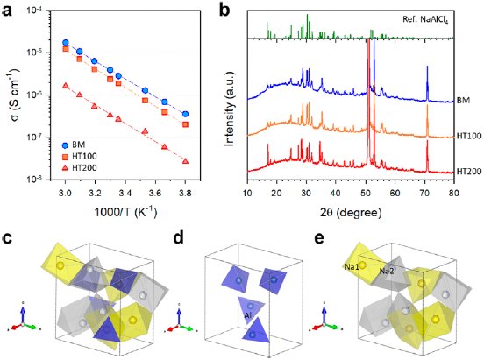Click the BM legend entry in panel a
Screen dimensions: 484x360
(x=74, y=145)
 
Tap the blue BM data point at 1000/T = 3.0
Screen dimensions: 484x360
(x=65, y=43)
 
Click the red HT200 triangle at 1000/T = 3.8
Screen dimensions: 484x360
(x=185, y=161)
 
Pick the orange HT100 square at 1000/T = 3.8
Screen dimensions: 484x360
(x=185, y=124)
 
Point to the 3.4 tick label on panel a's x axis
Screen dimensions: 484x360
(x=125, y=193)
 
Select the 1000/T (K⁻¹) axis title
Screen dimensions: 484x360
(x=125, y=212)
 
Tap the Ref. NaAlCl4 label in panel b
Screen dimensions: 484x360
(x=425, y=19)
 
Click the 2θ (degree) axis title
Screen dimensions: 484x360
(x=351, y=212)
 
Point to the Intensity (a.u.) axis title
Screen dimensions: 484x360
(x=229, y=109)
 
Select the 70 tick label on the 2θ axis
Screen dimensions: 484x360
(x=424, y=193)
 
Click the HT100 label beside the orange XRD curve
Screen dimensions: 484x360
(x=469, y=136)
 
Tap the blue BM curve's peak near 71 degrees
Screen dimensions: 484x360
(x=427, y=66)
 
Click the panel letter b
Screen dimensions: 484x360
(x=224, y=11)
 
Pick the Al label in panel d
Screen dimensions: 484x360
(x=248, y=315)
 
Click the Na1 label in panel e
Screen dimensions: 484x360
(x=352, y=267)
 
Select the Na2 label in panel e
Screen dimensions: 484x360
(x=387, y=272)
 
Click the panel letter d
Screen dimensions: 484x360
(x=179, y=237)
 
